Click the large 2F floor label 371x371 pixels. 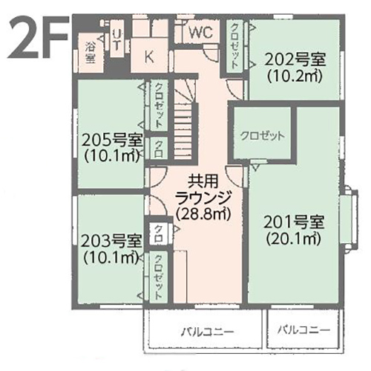click(x=38, y=37)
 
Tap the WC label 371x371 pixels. click(x=201, y=32)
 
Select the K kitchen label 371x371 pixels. click(x=149, y=57)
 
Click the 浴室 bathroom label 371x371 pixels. click(x=91, y=52)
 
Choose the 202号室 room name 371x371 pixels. click(x=295, y=59)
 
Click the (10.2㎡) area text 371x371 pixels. click(x=295, y=76)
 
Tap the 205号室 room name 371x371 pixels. click(x=112, y=141)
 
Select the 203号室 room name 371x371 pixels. click(x=111, y=241)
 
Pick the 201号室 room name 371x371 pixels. click(x=294, y=222)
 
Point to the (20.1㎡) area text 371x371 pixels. click(x=294, y=239)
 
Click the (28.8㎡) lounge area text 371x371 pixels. click(x=203, y=213)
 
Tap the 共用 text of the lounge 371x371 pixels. click(x=203, y=181)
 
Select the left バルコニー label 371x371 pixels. click(x=207, y=332)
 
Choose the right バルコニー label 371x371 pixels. click(x=303, y=330)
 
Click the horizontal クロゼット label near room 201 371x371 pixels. click(x=263, y=136)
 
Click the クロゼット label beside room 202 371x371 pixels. click(x=234, y=46)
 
